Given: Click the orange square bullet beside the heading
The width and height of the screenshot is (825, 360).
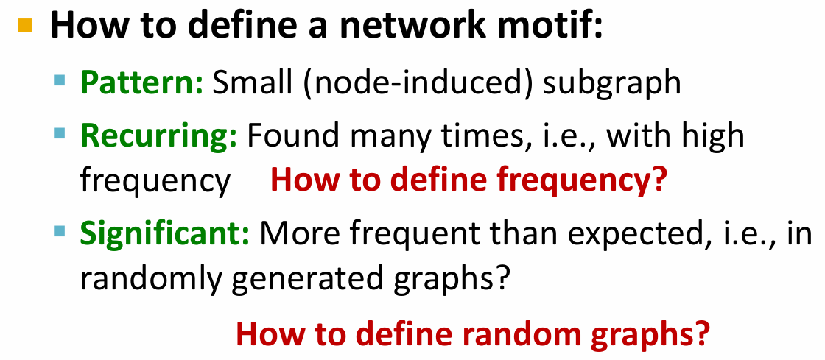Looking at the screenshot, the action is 25,25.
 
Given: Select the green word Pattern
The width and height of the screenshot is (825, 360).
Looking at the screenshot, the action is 141,82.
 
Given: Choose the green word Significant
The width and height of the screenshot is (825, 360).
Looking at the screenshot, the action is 165,234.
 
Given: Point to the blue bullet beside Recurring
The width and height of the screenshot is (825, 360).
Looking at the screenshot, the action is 60,133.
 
